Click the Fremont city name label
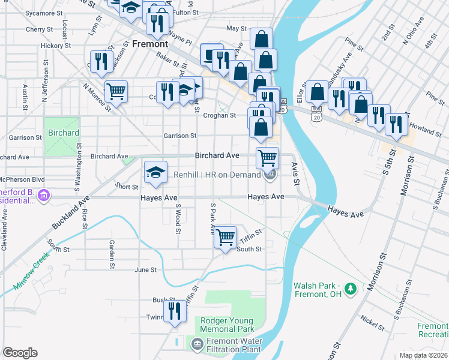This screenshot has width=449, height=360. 150,44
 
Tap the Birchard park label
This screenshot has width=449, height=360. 62,133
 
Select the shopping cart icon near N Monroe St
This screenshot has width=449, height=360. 116,92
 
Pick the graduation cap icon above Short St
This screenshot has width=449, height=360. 155,173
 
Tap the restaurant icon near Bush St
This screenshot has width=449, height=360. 175,311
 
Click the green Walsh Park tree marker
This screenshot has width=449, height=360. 350,290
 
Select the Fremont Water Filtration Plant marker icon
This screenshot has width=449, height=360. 196,343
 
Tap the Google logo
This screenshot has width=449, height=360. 20,353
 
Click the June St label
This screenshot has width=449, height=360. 145,270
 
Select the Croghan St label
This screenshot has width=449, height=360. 219,115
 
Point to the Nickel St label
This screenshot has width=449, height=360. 372,322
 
